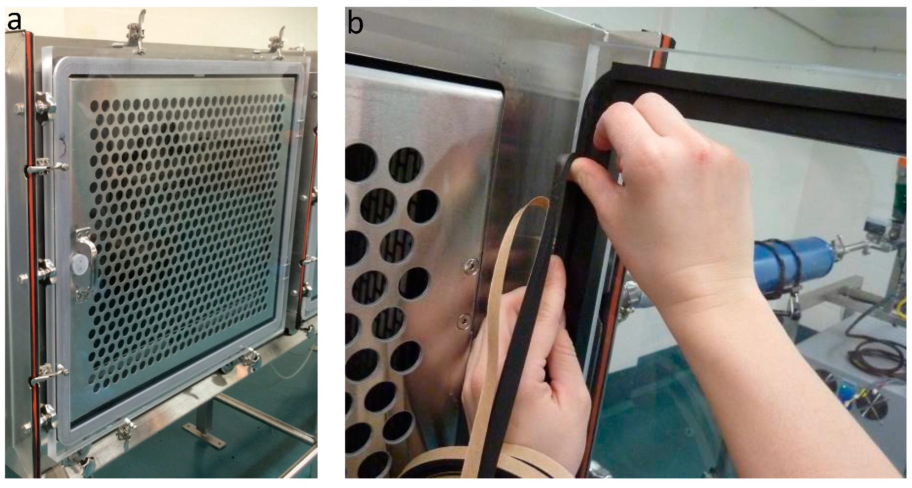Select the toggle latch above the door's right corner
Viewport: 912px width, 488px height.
tap(275, 43)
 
